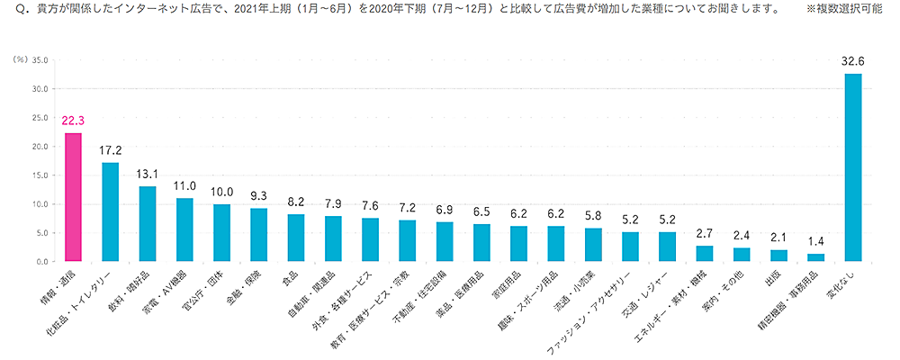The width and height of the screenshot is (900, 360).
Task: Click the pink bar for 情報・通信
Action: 73,198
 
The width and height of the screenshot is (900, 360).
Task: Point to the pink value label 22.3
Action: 73,121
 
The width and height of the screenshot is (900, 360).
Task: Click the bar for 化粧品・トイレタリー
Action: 110,212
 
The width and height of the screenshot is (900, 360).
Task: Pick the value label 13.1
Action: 147,174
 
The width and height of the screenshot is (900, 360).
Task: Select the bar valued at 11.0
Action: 184,230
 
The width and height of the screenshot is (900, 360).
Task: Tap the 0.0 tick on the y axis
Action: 39,262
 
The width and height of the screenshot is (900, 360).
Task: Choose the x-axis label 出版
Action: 773,280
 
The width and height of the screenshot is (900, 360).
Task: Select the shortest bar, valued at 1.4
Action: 815,257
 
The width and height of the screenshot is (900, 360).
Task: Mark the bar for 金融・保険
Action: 258,235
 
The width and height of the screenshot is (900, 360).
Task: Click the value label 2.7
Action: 705,233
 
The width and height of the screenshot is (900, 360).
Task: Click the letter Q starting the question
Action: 10,10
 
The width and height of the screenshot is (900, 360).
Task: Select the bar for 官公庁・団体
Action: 221,233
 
